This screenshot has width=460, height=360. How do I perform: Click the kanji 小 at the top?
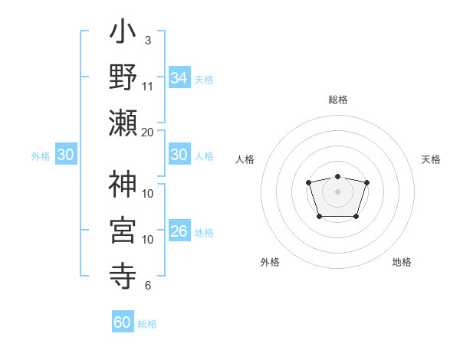(x=123, y=34)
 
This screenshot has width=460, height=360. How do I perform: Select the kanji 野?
(x=123, y=79)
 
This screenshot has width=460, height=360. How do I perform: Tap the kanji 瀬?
(x=123, y=123)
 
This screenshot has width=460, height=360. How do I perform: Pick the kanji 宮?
(x=123, y=229)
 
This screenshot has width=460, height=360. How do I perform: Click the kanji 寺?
(x=123, y=273)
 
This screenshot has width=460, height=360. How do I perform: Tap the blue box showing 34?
(x=179, y=77)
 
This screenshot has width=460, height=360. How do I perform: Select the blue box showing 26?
(x=179, y=231)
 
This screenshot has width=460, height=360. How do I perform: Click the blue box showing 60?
(x=123, y=322)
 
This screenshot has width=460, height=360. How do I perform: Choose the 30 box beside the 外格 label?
(x=66, y=155)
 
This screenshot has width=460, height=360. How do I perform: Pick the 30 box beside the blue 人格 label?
(x=179, y=155)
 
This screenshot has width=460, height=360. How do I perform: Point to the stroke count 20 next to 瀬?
(x=147, y=132)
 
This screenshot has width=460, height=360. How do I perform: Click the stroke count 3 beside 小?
(x=147, y=39)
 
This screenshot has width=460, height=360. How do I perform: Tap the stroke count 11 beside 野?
(x=147, y=86)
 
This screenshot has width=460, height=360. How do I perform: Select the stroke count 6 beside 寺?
(x=147, y=286)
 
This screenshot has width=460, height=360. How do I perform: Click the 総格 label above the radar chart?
(x=337, y=100)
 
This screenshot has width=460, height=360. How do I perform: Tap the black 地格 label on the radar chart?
(x=402, y=262)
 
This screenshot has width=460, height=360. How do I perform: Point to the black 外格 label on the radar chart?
(x=270, y=262)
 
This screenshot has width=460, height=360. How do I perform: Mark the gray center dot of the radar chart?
(x=337, y=191)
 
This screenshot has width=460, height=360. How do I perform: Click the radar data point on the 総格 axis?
(x=337, y=177)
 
